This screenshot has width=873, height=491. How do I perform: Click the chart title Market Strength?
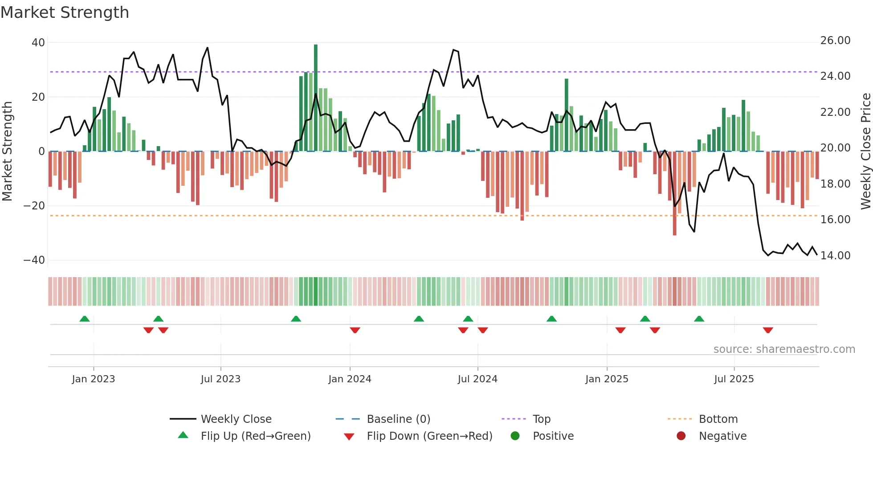tap(65, 12)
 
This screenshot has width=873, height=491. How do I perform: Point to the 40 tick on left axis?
tap(38, 43)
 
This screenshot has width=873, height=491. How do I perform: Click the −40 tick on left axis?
tap(34, 260)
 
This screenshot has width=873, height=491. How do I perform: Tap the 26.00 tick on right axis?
tap(835, 41)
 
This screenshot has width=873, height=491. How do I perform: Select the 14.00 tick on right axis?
tap(835, 256)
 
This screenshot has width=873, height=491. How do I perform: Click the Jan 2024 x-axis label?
tap(350, 379)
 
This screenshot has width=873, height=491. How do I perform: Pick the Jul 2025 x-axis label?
tap(734, 379)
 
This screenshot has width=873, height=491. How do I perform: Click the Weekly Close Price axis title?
tap(865, 151)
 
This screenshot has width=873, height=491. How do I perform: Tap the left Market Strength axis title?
tap(8, 151)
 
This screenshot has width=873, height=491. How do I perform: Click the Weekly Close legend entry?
tap(236, 419)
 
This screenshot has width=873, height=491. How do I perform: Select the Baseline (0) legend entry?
tap(398, 419)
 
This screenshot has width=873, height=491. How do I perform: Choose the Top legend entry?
tap(541, 419)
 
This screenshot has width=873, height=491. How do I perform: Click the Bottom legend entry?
tap(718, 419)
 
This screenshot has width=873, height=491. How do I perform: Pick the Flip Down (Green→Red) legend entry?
tap(429, 436)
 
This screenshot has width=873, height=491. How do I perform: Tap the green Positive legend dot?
tap(515, 436)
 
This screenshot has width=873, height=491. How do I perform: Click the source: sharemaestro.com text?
tap(784, 349)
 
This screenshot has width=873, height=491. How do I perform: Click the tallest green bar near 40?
tap(316, 98)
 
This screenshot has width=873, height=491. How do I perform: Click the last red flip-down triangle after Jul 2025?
tap(767, 330)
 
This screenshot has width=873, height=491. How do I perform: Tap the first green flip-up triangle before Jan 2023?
tap(85, 319)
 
